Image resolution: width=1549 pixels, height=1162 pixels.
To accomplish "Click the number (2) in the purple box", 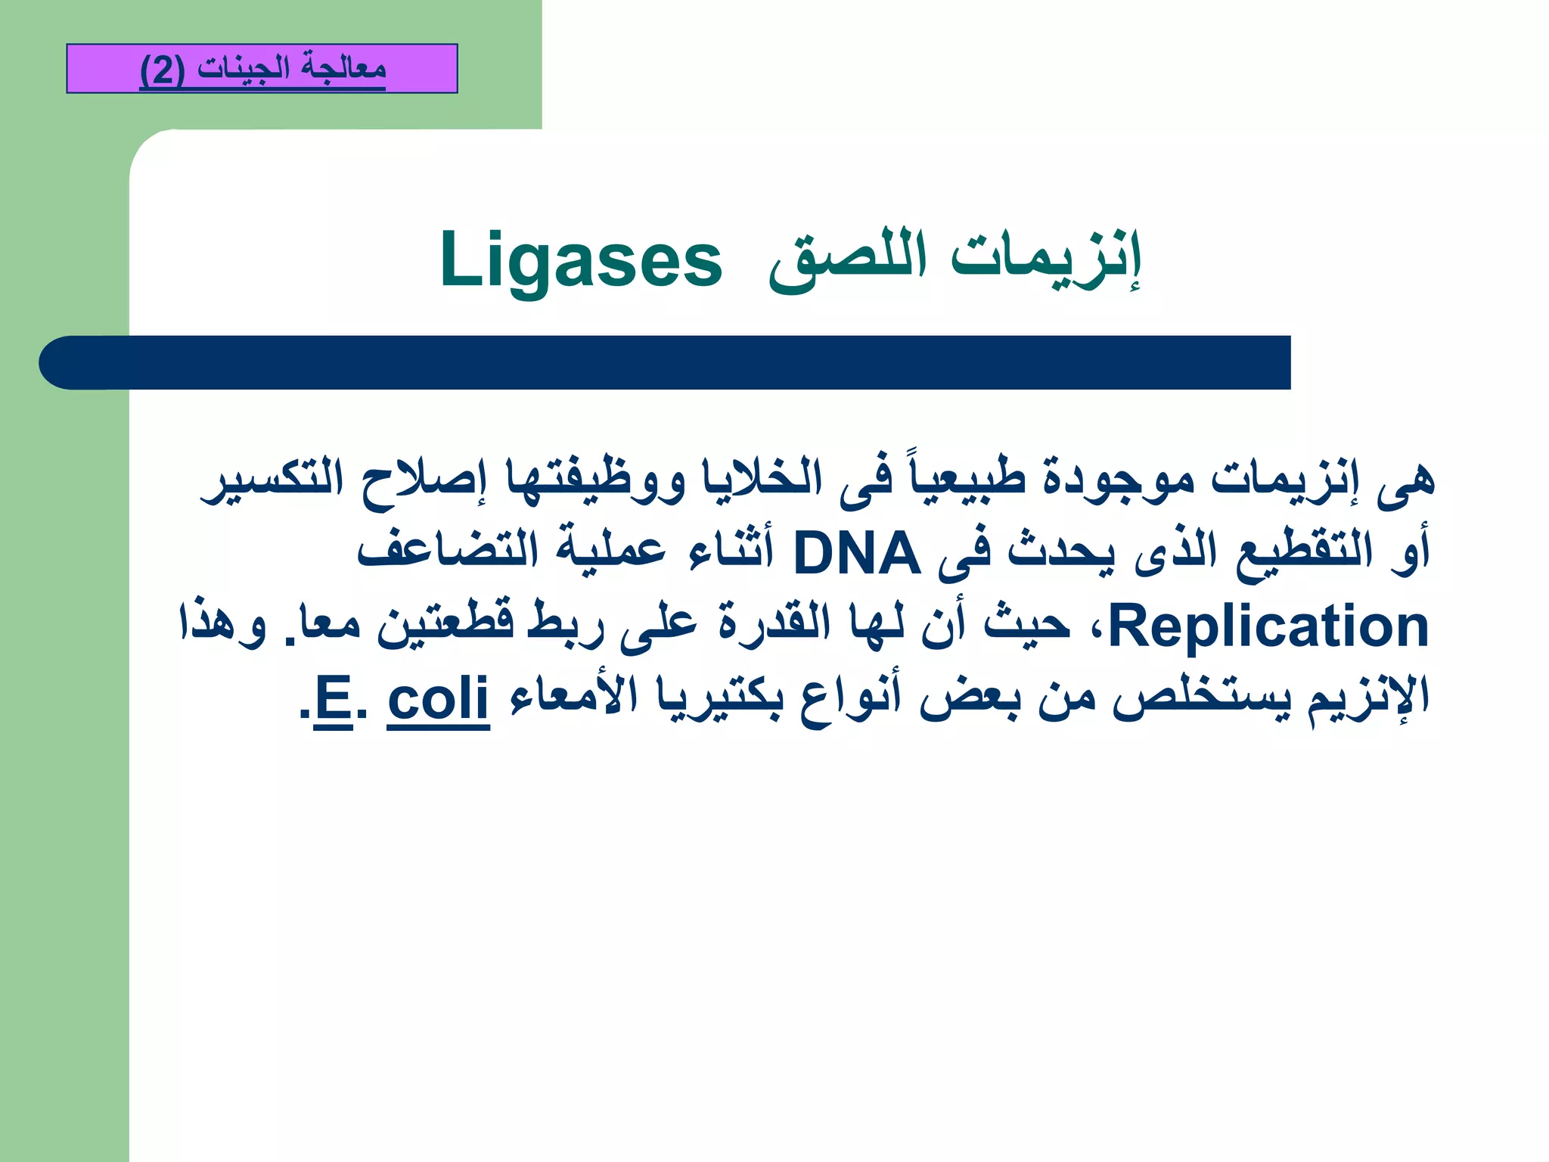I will (162, 70).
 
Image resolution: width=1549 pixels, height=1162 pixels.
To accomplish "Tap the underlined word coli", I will (439, 699).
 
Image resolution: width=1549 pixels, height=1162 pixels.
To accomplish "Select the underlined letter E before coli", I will (333, 699).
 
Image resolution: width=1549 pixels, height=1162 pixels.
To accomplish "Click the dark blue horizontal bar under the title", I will (666, 362).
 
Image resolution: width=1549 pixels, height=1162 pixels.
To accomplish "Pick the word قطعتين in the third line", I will (446, 626).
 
